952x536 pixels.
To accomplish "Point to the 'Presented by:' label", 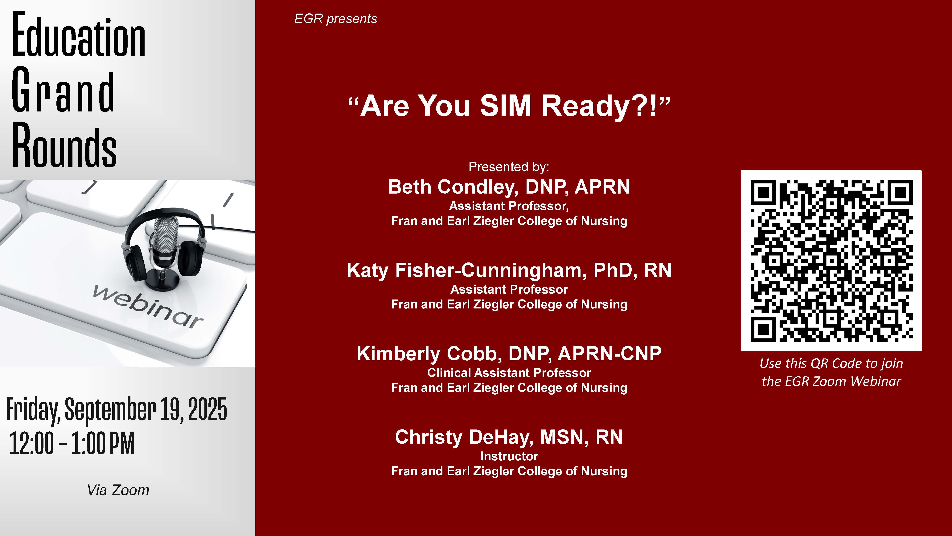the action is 509,167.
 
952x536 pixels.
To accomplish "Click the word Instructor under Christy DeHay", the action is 509,456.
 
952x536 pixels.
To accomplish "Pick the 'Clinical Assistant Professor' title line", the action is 509,373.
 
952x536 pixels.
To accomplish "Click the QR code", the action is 831,261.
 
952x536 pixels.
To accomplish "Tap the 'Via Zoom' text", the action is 118,490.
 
